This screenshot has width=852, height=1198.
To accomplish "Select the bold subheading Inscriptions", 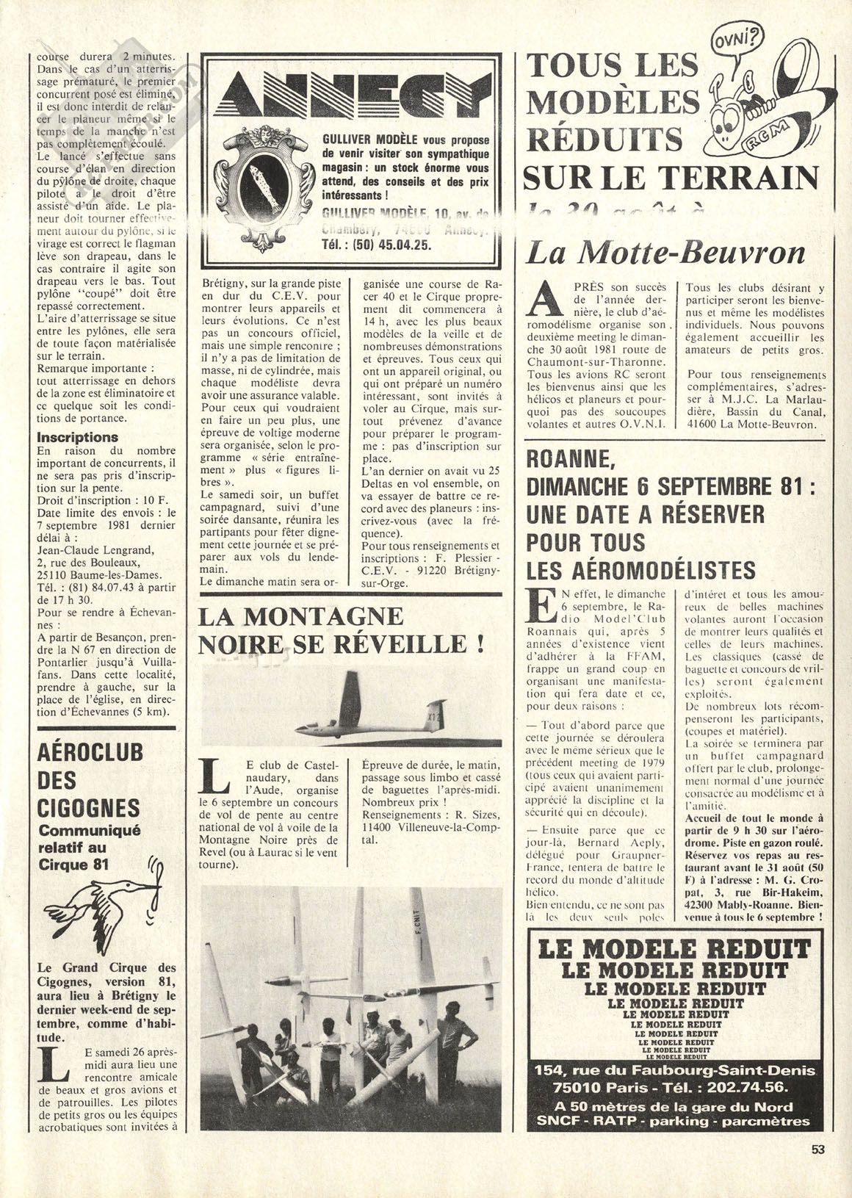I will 78,437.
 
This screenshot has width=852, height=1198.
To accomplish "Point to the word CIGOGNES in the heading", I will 87,808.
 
